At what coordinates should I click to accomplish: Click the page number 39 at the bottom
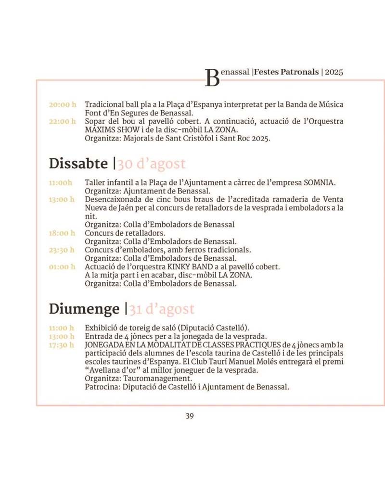(190, 416)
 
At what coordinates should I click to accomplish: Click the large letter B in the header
(212, 77)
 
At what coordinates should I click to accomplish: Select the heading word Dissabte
(78, 164)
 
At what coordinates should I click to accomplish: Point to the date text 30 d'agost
(152, 164)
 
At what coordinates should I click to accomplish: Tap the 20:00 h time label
(63, 104)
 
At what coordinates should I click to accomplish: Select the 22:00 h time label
(63, 122)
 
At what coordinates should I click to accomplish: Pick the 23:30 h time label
(62, 250)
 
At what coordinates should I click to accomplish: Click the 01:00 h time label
(62, 267)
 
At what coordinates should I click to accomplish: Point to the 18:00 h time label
(62, 233)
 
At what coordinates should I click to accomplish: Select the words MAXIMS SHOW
(108, 130)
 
